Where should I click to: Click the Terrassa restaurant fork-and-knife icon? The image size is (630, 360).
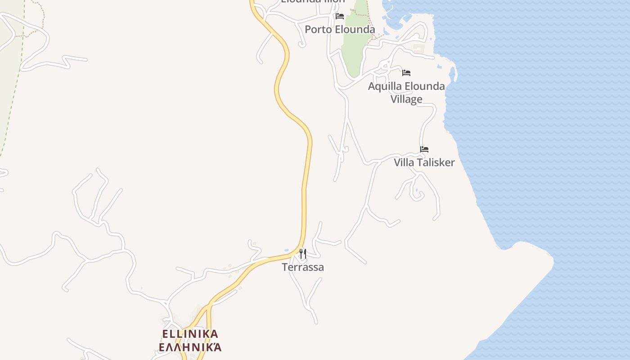(303, 254)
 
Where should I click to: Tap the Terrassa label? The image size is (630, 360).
(303, 267)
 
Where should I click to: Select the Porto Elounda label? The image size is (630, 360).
(340, 30)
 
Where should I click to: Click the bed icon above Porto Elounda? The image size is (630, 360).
(340, 16)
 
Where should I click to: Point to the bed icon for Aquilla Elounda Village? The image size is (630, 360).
(406, 72)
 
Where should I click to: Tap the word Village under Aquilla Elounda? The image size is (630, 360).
(406, 99)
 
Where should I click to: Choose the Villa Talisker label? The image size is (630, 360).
(424, 162)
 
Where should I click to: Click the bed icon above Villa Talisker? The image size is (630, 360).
(424, 149)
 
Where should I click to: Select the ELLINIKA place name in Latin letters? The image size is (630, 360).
(190, 334)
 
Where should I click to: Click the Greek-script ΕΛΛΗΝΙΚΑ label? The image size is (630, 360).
(190, 347)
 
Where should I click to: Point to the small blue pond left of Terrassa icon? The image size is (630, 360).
(287, 250)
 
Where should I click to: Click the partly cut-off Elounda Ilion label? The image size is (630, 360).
(313, 1)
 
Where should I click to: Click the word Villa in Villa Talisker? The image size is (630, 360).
(404, 162)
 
